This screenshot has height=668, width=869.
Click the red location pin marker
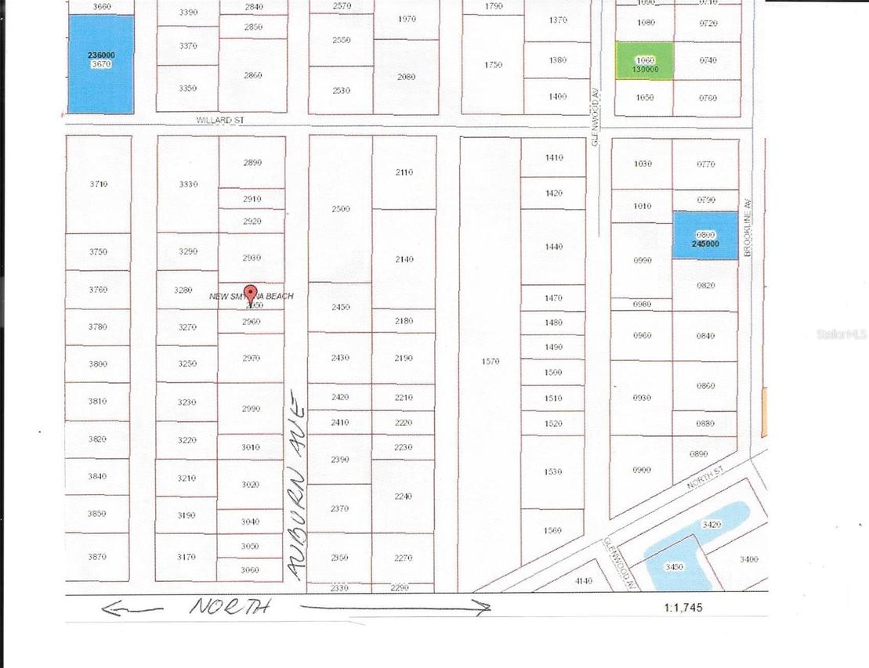pos(251,294)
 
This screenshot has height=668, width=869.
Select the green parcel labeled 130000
pos(644,61)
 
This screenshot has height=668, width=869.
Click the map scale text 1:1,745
pos(683,607)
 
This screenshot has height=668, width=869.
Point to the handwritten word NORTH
pos(230,606)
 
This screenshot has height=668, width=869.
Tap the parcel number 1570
pos(491,362)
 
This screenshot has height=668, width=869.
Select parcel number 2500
pos(340,209)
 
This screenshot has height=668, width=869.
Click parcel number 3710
pos(98,184)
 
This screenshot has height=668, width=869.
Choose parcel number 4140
pos(583,581)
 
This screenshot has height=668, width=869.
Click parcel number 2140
pos(404,259)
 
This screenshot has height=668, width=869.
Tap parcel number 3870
pos(97,557)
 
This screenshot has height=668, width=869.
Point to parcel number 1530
pos(552,472)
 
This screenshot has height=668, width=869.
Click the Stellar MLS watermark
pos(842,334)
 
